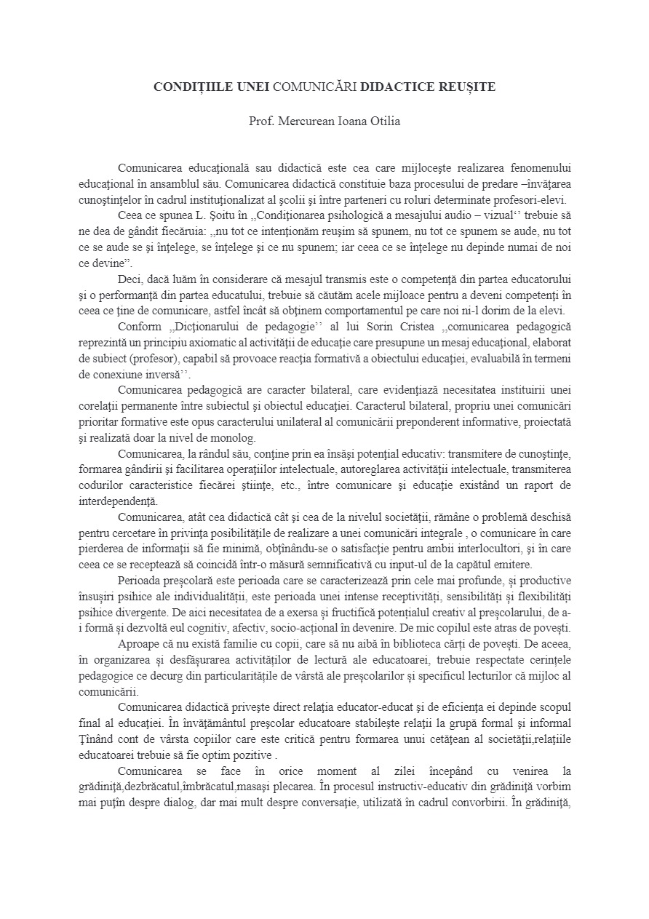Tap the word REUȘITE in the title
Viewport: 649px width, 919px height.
pyautogui.click(x=467, y=87)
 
